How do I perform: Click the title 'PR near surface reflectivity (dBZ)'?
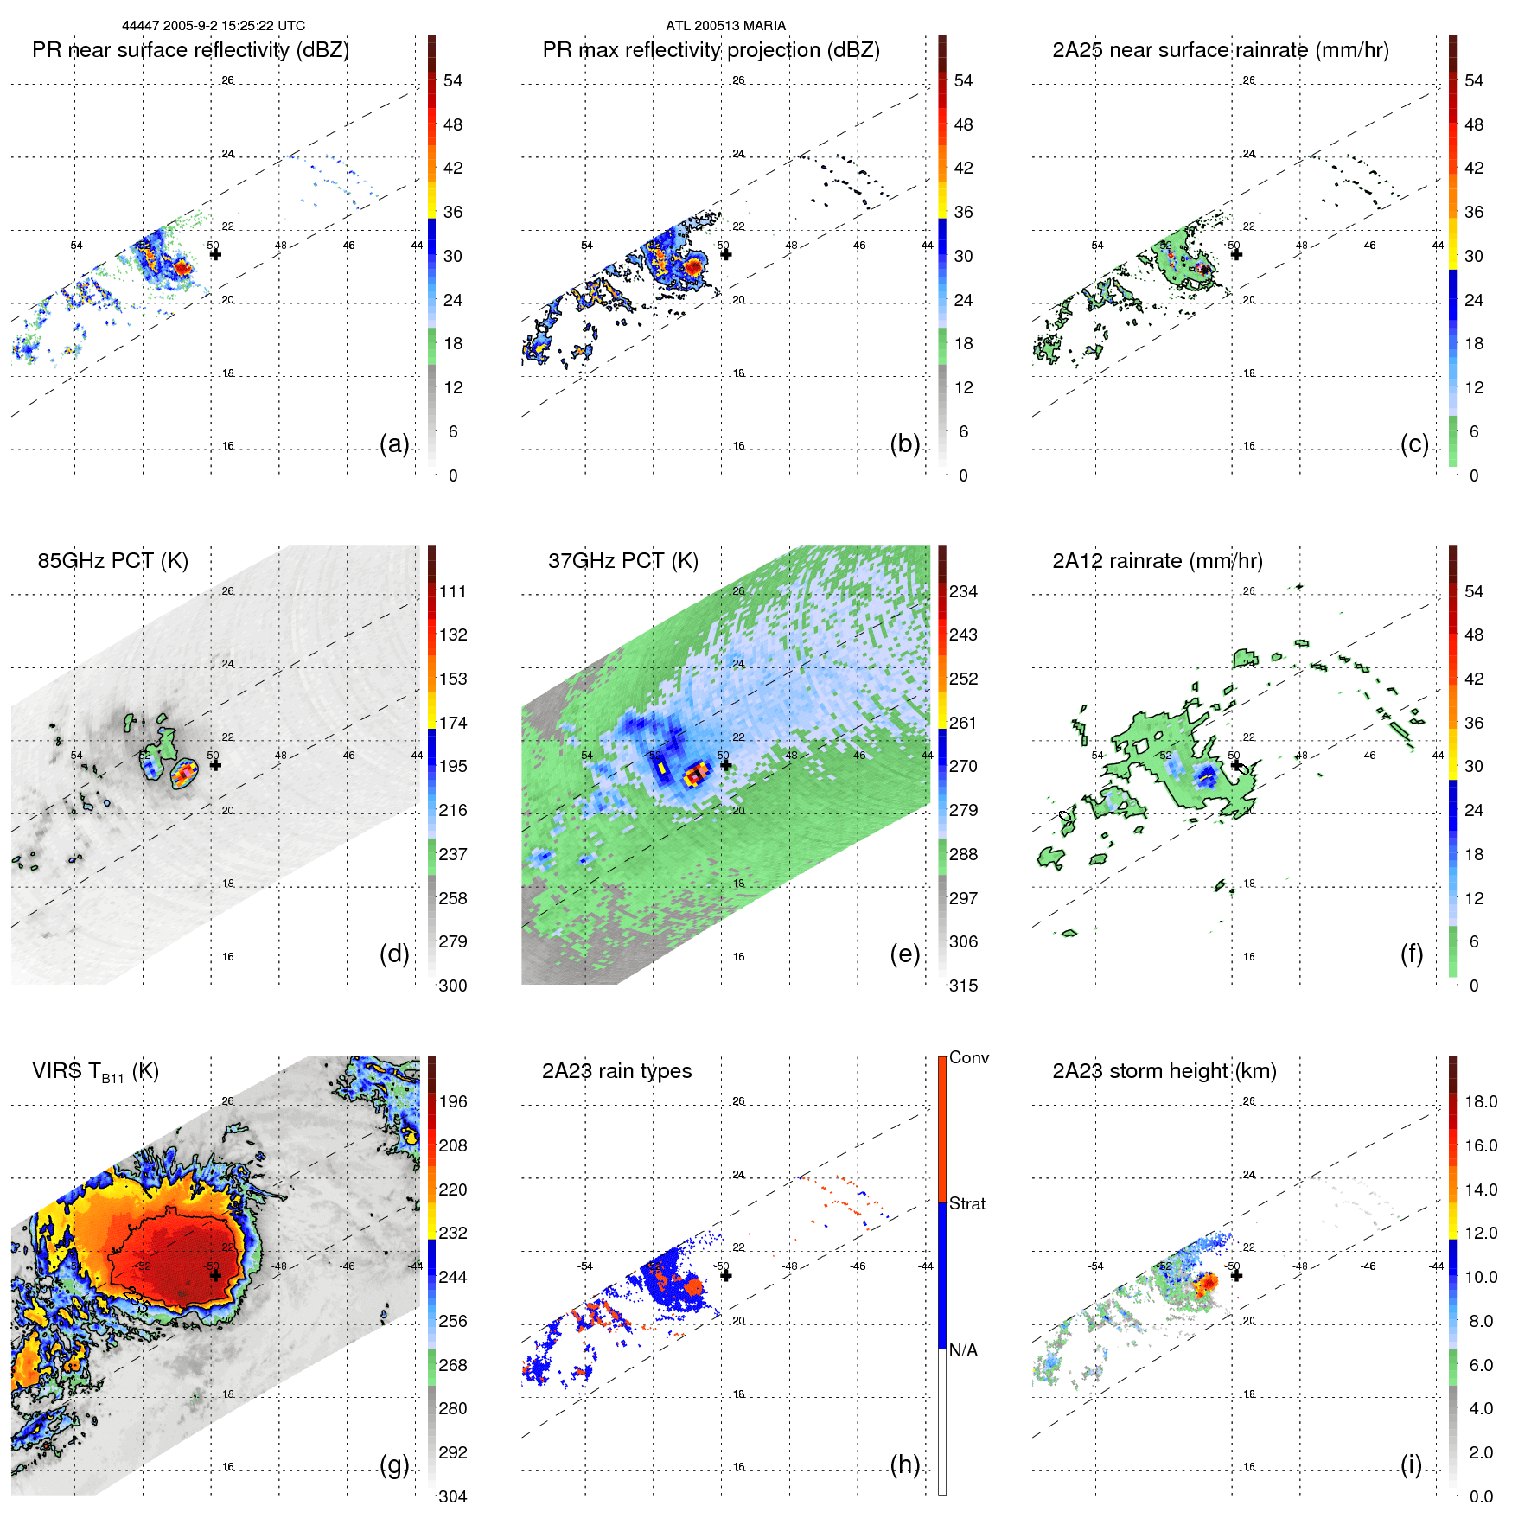coord(190,50)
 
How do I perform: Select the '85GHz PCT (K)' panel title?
coord(112,561)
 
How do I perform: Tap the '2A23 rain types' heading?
coord(616,1071)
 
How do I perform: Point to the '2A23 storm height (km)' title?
coord(1164,1071)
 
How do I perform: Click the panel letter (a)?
coord(394,444)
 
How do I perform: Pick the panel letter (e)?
coord(904,954)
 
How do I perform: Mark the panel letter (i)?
coord(1411,1464)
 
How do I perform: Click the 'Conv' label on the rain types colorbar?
coord(968,1057)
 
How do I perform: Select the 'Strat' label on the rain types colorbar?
coord(966,1203)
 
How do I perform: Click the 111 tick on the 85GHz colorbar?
coord(452,591)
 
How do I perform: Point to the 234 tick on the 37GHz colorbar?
coord(963,591)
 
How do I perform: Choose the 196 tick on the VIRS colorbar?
coord(452,1101)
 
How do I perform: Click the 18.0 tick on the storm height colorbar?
coord(1480,1101)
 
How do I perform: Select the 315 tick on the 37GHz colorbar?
coord(963,986)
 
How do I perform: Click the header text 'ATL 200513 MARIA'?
coord(725,26)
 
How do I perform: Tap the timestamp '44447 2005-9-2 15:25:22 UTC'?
coord(213,26)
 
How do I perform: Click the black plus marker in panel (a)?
coord(215,254)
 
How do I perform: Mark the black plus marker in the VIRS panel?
coord(215,1275)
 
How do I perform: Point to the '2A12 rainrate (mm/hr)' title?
coord(1157,561)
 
